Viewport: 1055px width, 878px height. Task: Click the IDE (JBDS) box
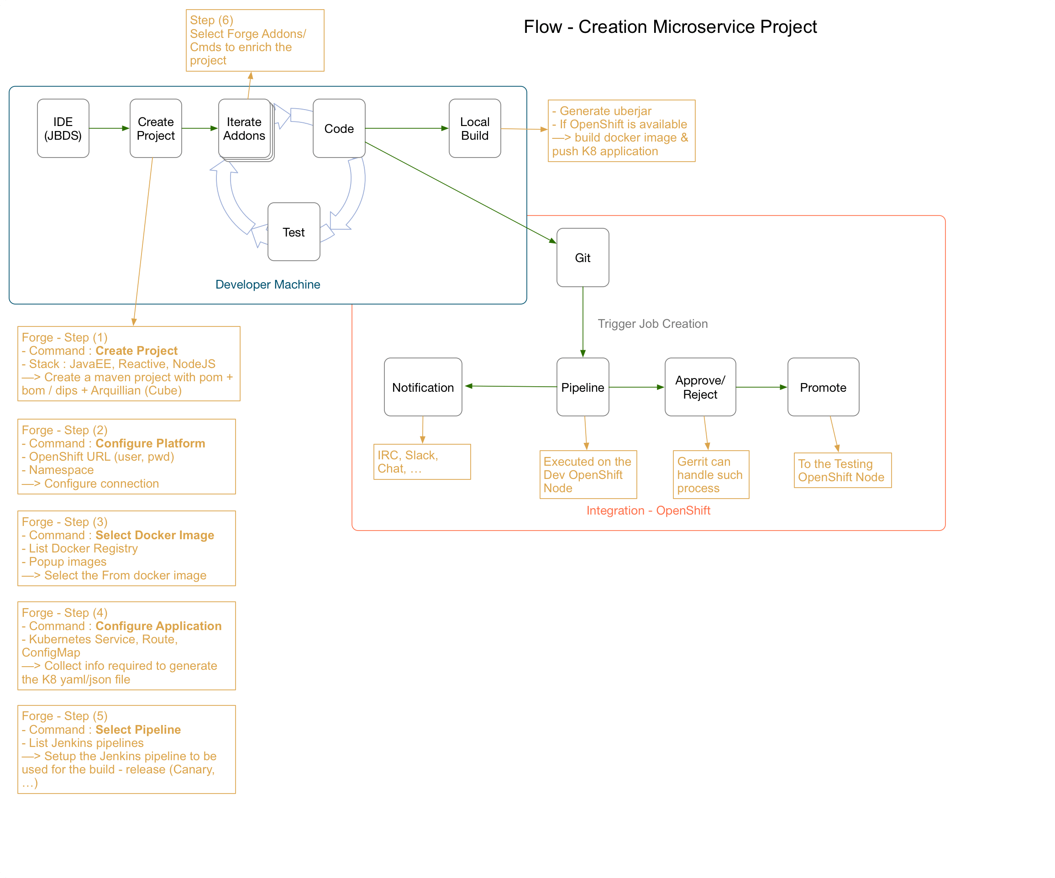click(63, 128)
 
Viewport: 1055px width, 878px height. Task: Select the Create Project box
click(156, 128)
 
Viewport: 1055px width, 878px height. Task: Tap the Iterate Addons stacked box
click(244, 129)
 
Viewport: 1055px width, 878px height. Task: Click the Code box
click(339, 128)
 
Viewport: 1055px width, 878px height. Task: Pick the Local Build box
click(475, 128)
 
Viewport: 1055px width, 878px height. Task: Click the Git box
click(583, 258)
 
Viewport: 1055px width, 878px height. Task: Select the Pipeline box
click(583, 387)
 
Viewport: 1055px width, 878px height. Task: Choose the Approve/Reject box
click(700, 387)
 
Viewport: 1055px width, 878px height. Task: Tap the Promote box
click(823, 387)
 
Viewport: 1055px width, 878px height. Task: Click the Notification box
click(423, 387)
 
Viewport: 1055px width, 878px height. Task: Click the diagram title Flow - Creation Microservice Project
click(670, 26)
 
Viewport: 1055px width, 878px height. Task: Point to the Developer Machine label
click(268, 284)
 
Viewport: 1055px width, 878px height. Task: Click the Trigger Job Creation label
click(653, 324)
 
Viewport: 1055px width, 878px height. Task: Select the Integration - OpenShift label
click(648, 510)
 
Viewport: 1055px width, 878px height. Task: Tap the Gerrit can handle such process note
click(710, 474)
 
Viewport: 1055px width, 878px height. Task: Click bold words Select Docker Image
click(155, 535)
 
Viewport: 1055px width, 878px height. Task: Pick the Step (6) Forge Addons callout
click(255, 40)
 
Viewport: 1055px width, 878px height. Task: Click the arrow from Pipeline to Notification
click(510, 386)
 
